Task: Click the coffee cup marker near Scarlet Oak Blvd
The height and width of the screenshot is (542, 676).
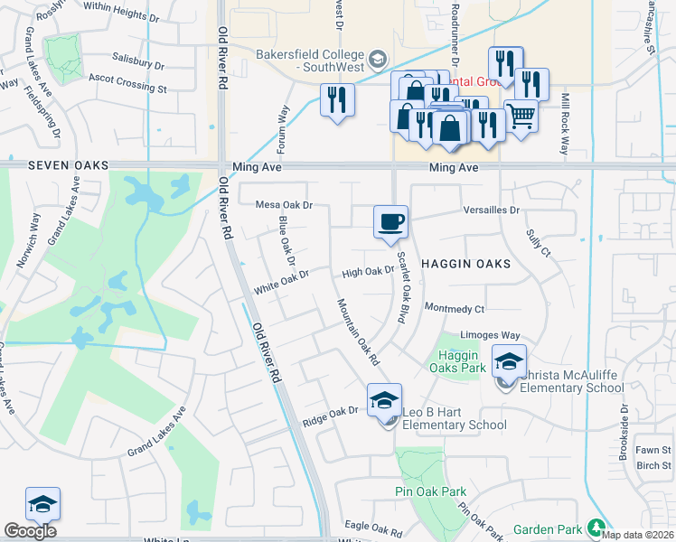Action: pos(390,222)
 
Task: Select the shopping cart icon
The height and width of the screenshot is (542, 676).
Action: pos(521,116)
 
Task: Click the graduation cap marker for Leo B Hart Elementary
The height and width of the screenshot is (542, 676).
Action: pos(384,400)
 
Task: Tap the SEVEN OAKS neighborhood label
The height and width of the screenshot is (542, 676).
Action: pos(68,166)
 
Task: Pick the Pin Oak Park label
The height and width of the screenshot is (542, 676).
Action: pos(430,492)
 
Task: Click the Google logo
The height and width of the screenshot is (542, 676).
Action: pos(30,531)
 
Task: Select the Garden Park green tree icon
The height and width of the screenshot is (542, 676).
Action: pos(596,527)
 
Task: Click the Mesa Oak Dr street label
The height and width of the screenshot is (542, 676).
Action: pos(283,205)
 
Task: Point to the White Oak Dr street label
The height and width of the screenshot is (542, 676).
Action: pos(281,279)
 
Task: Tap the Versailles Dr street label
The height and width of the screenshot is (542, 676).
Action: pos(491,210)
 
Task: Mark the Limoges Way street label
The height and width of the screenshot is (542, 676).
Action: pos(490,335)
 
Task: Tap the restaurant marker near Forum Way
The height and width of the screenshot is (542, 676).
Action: pos(337,99)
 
